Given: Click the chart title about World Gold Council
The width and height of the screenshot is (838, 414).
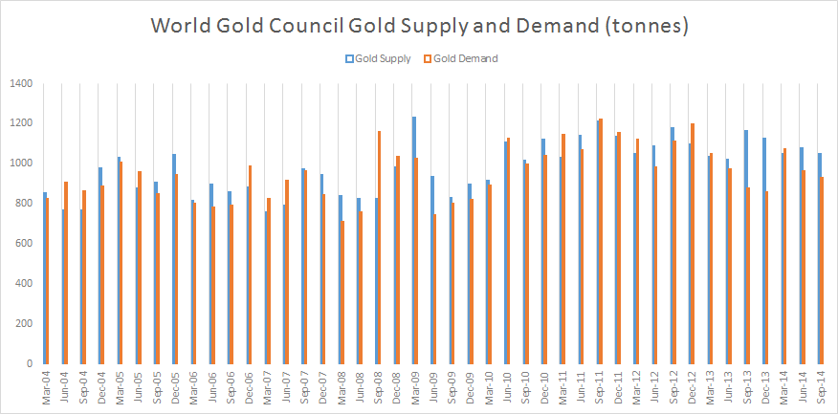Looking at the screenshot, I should coord(419,26).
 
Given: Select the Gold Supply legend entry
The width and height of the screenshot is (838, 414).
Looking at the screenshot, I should coord(378,58).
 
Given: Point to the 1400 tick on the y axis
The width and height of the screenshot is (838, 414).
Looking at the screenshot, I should coord(22,84).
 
